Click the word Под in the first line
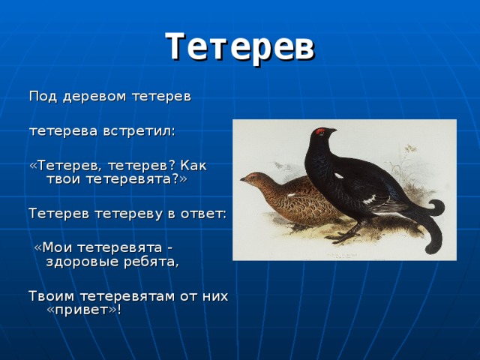[41, 97]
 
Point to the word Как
[193, 165]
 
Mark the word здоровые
[82, 262]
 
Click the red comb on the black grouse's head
[322, 131]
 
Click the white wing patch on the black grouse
[370, 199]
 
